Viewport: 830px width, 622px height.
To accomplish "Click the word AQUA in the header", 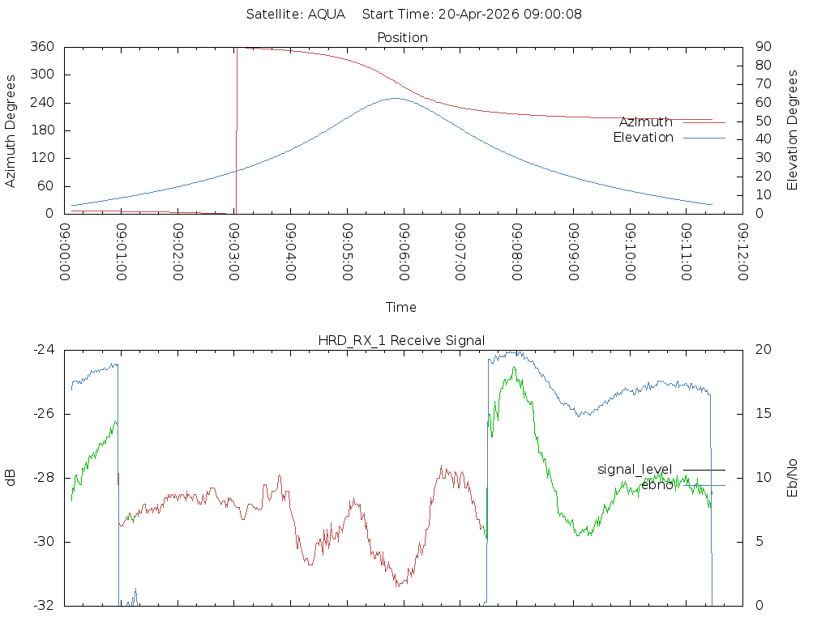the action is click(327, 14).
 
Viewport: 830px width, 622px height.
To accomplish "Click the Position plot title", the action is click(402, 37).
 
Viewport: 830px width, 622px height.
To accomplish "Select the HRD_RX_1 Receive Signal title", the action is click(401, 341).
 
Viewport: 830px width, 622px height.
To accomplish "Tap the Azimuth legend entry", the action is click(646, 122).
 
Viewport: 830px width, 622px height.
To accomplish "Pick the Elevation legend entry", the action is click(643, 138).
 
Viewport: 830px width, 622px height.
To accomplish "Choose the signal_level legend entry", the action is click(635, 470).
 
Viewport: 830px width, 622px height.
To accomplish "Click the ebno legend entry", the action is click(657, 485).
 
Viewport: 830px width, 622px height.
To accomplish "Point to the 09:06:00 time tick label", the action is click(404, 252).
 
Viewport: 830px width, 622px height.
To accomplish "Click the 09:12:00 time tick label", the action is click(742, 252).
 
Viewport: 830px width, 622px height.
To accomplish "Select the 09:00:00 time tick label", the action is click(65, 252).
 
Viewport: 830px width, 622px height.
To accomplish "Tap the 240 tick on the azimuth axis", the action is click(42, 102).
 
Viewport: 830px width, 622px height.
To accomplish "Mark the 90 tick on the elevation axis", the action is click(764, 46).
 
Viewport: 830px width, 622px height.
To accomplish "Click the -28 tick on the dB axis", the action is click(44, 478).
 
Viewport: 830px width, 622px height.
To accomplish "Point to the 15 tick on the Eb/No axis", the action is click(764, 414).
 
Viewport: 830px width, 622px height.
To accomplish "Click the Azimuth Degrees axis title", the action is click(10, 130).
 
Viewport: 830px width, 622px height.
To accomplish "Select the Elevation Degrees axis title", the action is click(792, 130).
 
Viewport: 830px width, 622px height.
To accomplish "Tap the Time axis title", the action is click(400, 307).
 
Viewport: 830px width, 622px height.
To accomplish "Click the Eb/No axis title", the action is click(792, 478).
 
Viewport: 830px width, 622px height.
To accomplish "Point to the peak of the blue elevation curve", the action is click(396, 98).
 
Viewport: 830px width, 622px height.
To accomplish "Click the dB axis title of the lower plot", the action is click(10, 478).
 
